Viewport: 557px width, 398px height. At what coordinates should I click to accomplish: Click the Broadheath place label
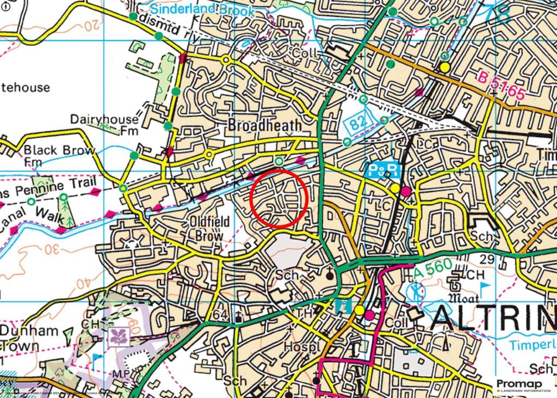(264, 125)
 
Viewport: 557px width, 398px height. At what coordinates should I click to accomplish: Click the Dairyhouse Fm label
(104, 125)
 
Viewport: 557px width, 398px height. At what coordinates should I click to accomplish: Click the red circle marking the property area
(280, 198)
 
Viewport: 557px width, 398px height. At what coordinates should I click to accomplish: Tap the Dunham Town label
(27, 338)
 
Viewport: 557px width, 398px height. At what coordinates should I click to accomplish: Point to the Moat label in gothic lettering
(463, 298)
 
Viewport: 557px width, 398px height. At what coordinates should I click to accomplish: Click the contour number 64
(220, 315)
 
